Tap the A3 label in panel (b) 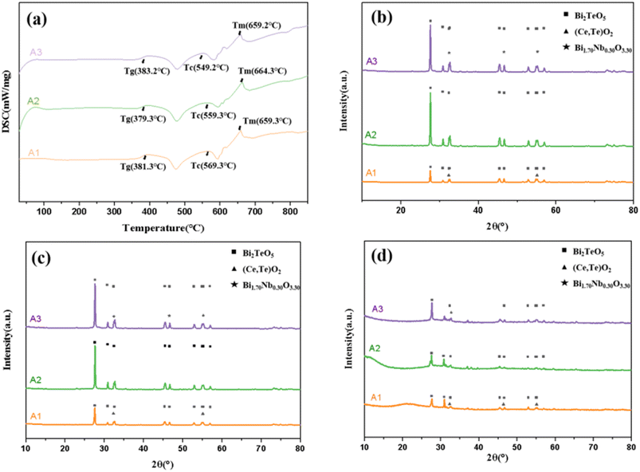click(372, 60)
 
